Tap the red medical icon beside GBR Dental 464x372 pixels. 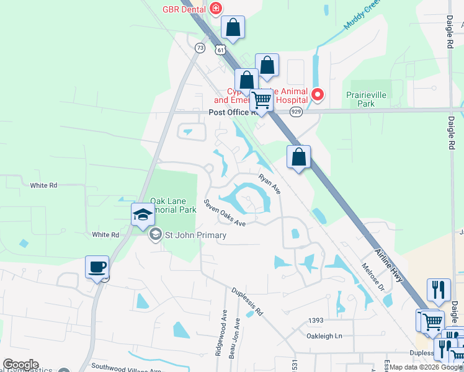click(x=215, y=8)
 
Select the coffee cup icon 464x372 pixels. click(x=97, y=267)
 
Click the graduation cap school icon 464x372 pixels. click(x=142, y=215)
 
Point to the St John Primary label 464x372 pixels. click(x=195, y=235)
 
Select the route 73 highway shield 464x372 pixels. click(x=200, y=47)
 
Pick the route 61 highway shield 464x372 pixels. click(x=221, y=50)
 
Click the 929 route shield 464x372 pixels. click(x=296, y=112)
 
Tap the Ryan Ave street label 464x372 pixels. click(x=270, y=184)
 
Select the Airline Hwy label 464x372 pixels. click(x=390, y=265)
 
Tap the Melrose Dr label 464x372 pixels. click(x=373, y=277)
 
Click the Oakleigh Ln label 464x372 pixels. click(x=324, y=336)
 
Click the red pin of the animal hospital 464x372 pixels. click(x=318, y=95)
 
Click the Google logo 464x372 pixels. click(x=20, y=365)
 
